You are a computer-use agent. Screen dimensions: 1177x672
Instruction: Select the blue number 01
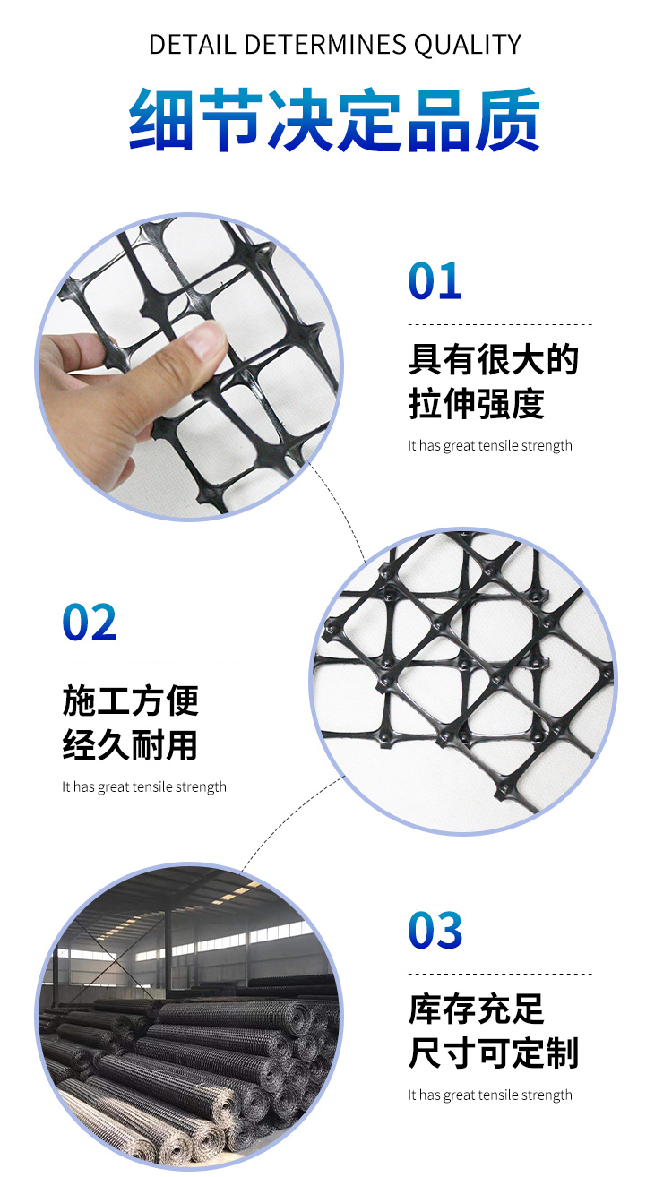click(x=435, y=281)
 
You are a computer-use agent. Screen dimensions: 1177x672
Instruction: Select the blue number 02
click(x=90, y=623)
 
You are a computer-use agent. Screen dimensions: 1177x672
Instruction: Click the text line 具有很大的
click(x=494, y=360)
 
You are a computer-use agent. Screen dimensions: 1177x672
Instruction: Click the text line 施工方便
click(x=131, y=701)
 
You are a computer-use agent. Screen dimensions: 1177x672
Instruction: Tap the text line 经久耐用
click(x=131, y=745)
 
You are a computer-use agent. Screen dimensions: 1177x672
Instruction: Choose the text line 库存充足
click(x=477, y=1009)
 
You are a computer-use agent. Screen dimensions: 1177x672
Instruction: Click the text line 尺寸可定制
click(x=494, y=1052)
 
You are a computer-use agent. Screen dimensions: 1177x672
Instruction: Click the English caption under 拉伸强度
click(x=490, y=445)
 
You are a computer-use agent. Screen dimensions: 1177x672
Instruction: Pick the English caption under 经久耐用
click(x=144, y=787)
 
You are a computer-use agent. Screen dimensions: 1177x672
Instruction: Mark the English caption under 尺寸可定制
click(x=490, y=1095)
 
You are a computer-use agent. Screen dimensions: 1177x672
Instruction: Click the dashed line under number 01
click(x=500, y=324)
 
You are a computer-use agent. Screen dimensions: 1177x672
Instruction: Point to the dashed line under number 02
click(x=154, y=666)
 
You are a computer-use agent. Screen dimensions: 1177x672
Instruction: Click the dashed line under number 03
click(x=500, y=973)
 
